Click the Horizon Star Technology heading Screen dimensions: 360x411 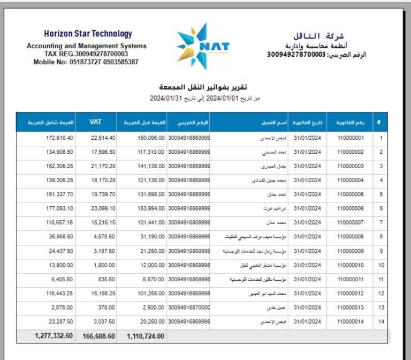point(88,34)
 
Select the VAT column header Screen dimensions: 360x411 point(95,122)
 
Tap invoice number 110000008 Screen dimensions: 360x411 point(351,236)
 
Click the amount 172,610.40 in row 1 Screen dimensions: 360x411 point(56,138)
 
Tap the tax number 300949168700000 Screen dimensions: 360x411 point(189,307)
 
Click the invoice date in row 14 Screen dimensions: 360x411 point(307,321)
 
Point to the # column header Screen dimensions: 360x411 point(379,122)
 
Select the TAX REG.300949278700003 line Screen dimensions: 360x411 point(86,54)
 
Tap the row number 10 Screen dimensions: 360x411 point(381,265)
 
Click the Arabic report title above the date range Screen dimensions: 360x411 point(203,87)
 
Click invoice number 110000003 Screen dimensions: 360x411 point(351,166)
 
